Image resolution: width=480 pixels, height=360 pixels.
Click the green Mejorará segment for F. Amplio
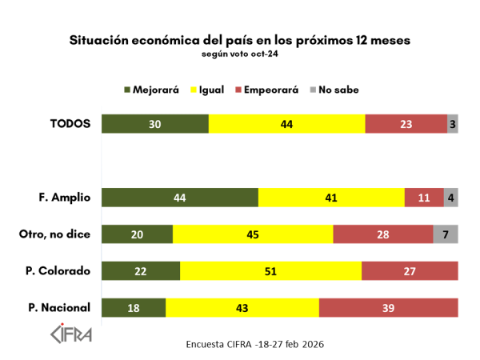(x=180, y=198)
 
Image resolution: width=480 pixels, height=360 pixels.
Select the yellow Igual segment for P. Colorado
(x=270, y=271)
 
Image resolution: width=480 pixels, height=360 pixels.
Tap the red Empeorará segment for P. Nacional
(x=388, y=308)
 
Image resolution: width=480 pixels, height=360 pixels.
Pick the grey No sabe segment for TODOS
(x=453, y=124)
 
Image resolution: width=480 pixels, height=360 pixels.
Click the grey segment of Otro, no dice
(x=446, y=234)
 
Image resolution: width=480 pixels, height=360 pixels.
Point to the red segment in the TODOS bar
(x=406, y=124)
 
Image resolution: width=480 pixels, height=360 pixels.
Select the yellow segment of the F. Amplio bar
(x=331, y=198)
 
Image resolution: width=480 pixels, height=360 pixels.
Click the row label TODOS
(x=70, y=124)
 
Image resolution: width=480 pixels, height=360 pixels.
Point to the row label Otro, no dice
(x=54, y=234)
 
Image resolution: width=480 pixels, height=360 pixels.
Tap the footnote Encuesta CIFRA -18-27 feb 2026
(x=254, y=344)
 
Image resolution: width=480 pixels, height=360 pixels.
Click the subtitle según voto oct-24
(x=240, y=54)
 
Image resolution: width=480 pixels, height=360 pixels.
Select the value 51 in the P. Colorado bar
(x=270, y=271)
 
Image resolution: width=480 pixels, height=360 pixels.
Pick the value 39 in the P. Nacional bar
(x=388, y=308)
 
